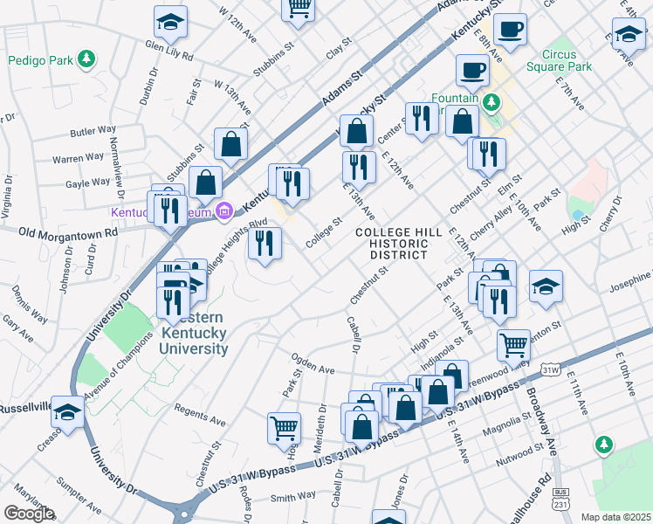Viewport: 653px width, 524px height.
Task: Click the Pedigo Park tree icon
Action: point(86,59)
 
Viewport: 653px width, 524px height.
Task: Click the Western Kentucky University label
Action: point(192,333)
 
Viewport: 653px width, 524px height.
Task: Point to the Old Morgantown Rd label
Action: point(67,233)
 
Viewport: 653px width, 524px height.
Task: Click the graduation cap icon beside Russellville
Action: point(67,411)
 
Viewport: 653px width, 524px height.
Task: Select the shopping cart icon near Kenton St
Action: point(514,343)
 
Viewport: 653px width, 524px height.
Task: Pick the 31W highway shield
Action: point(550,370)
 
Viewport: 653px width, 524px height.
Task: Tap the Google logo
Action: point(29,514)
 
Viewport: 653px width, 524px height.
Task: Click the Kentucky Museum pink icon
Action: point(223,210)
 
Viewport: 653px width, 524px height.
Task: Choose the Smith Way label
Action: point(292,495)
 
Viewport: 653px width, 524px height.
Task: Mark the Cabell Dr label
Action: point(354,333)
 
